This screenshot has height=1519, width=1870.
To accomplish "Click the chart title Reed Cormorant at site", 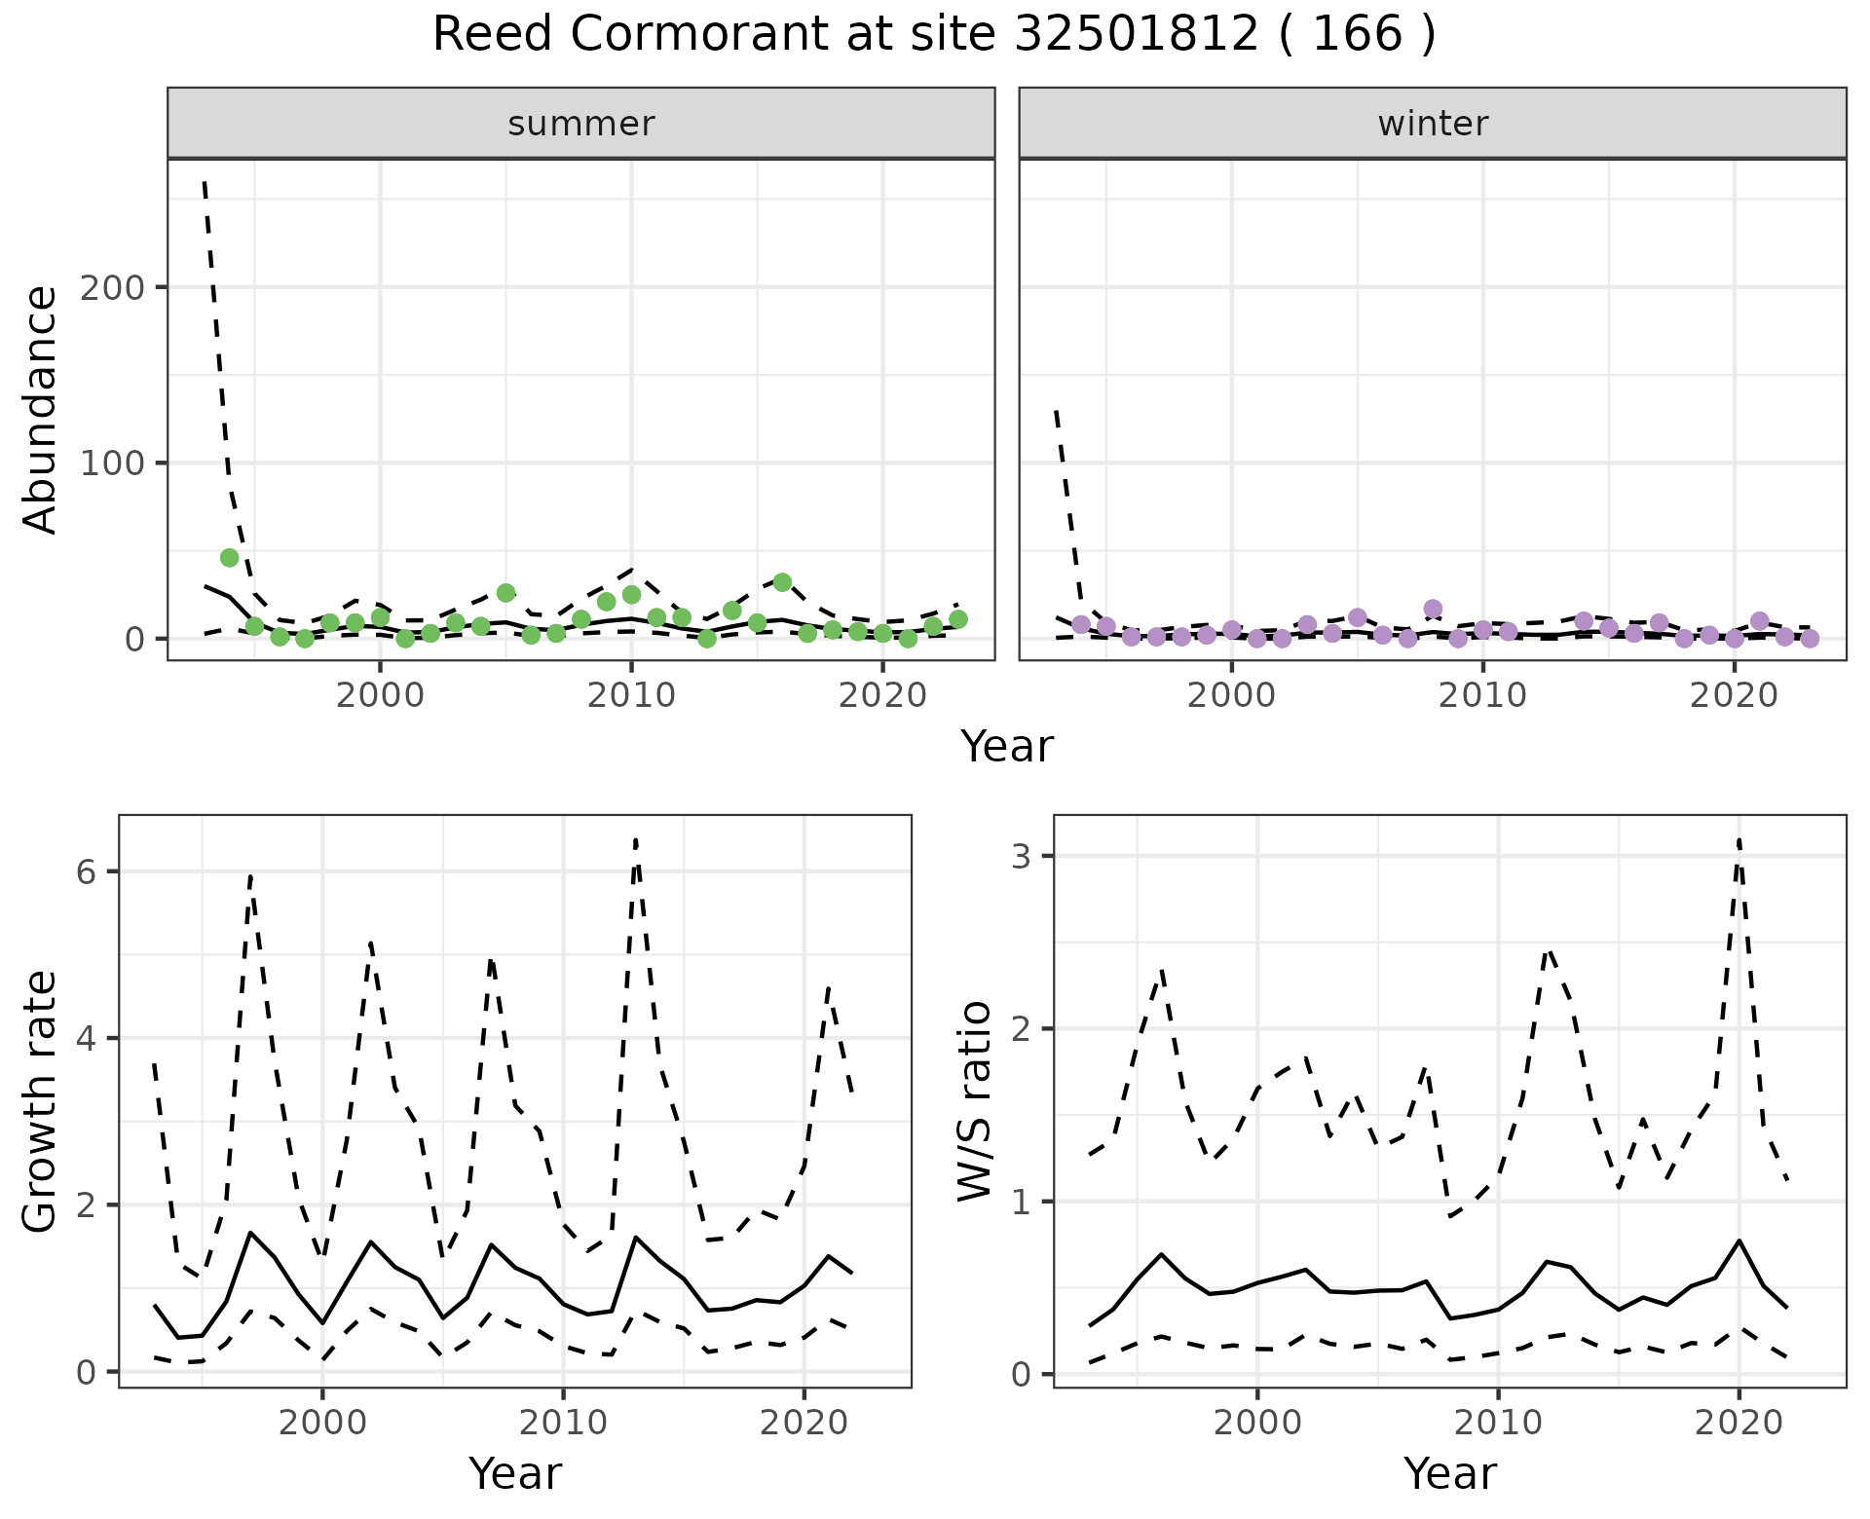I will tap(933, 36).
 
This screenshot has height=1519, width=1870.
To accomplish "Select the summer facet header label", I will tap(581, 124).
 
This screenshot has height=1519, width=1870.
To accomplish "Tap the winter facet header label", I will tap(1433, 124).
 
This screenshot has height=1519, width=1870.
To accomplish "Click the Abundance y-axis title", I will tap(41, 410).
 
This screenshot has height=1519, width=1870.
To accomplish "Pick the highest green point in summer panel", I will tap(230, 558).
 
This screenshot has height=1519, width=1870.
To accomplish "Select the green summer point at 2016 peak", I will tap(782, 582).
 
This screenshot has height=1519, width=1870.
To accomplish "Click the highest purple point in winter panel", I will tap(1433, 610).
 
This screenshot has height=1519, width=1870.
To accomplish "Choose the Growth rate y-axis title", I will tap(41, 1102).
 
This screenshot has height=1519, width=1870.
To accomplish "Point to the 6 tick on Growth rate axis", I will tap(88, 871).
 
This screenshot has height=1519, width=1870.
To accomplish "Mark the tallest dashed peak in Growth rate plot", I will tap(635, 839).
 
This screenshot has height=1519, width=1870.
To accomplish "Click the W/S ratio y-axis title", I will tap(974, 1102).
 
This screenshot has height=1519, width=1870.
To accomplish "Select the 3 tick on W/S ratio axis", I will tap(1023, 856).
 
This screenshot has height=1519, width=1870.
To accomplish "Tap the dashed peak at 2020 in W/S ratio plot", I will tap(1739, 839).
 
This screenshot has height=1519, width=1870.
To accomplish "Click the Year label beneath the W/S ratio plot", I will tap(1449, 1474).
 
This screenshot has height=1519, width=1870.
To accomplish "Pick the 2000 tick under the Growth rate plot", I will tap(321, 1423).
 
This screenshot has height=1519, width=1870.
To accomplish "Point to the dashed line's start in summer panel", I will tap(205, 182).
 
